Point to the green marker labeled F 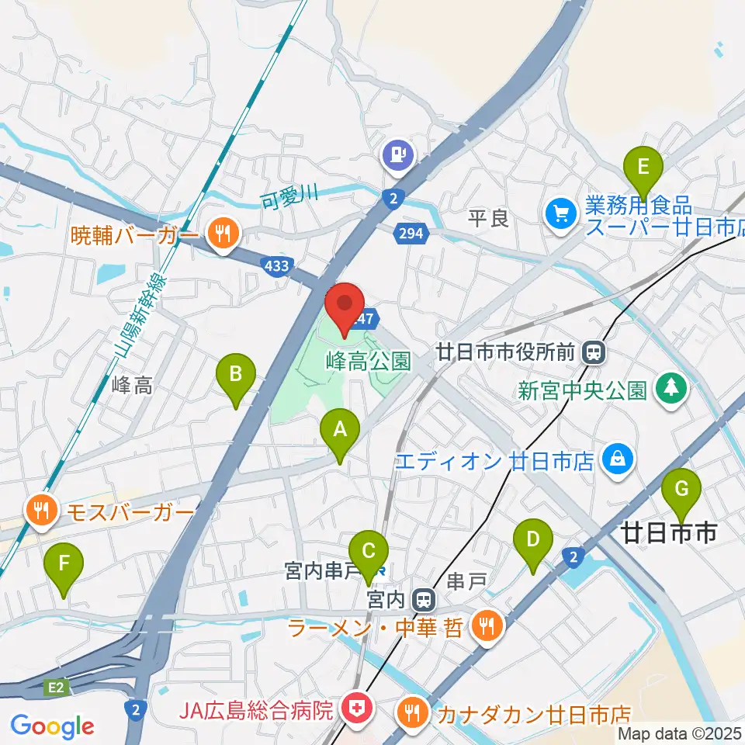[64, 568]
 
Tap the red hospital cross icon [358, 707]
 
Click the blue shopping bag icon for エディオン [619, 459]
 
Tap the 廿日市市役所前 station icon [594, 352]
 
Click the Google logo [52, 726]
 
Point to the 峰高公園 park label [368, 361]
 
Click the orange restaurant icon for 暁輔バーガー [223, 231]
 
